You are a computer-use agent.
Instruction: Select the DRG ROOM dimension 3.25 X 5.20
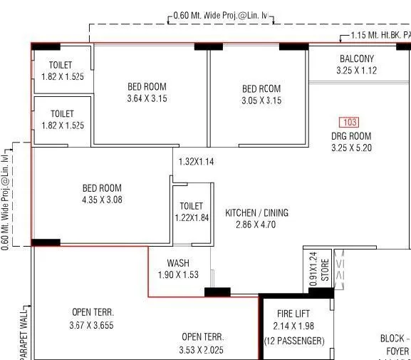tap(351, 148)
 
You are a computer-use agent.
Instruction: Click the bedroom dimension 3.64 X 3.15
tap(147, 99)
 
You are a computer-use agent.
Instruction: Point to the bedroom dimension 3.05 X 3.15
tap(261, 101)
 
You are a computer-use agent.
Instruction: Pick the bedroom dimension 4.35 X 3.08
tap(102, 200)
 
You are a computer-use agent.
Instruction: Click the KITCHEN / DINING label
tap(257, 213)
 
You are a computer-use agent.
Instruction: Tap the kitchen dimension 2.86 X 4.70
tap(256, 225)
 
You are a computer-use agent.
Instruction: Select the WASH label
tap(177, 263)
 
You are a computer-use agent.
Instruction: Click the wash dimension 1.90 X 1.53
tap(178, 274)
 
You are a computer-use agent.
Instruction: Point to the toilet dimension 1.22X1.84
tap(192, 217)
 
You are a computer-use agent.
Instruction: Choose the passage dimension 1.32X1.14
tap(196, 162)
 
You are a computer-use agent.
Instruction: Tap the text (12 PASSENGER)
tap(293, 341)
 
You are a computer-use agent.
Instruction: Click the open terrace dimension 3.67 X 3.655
tap(93, 325)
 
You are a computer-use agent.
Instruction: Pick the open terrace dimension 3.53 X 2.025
tap(202, 349)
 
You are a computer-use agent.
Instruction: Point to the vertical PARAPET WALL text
tap(24, 332)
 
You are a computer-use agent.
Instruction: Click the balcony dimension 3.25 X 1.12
tap(356, 71)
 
